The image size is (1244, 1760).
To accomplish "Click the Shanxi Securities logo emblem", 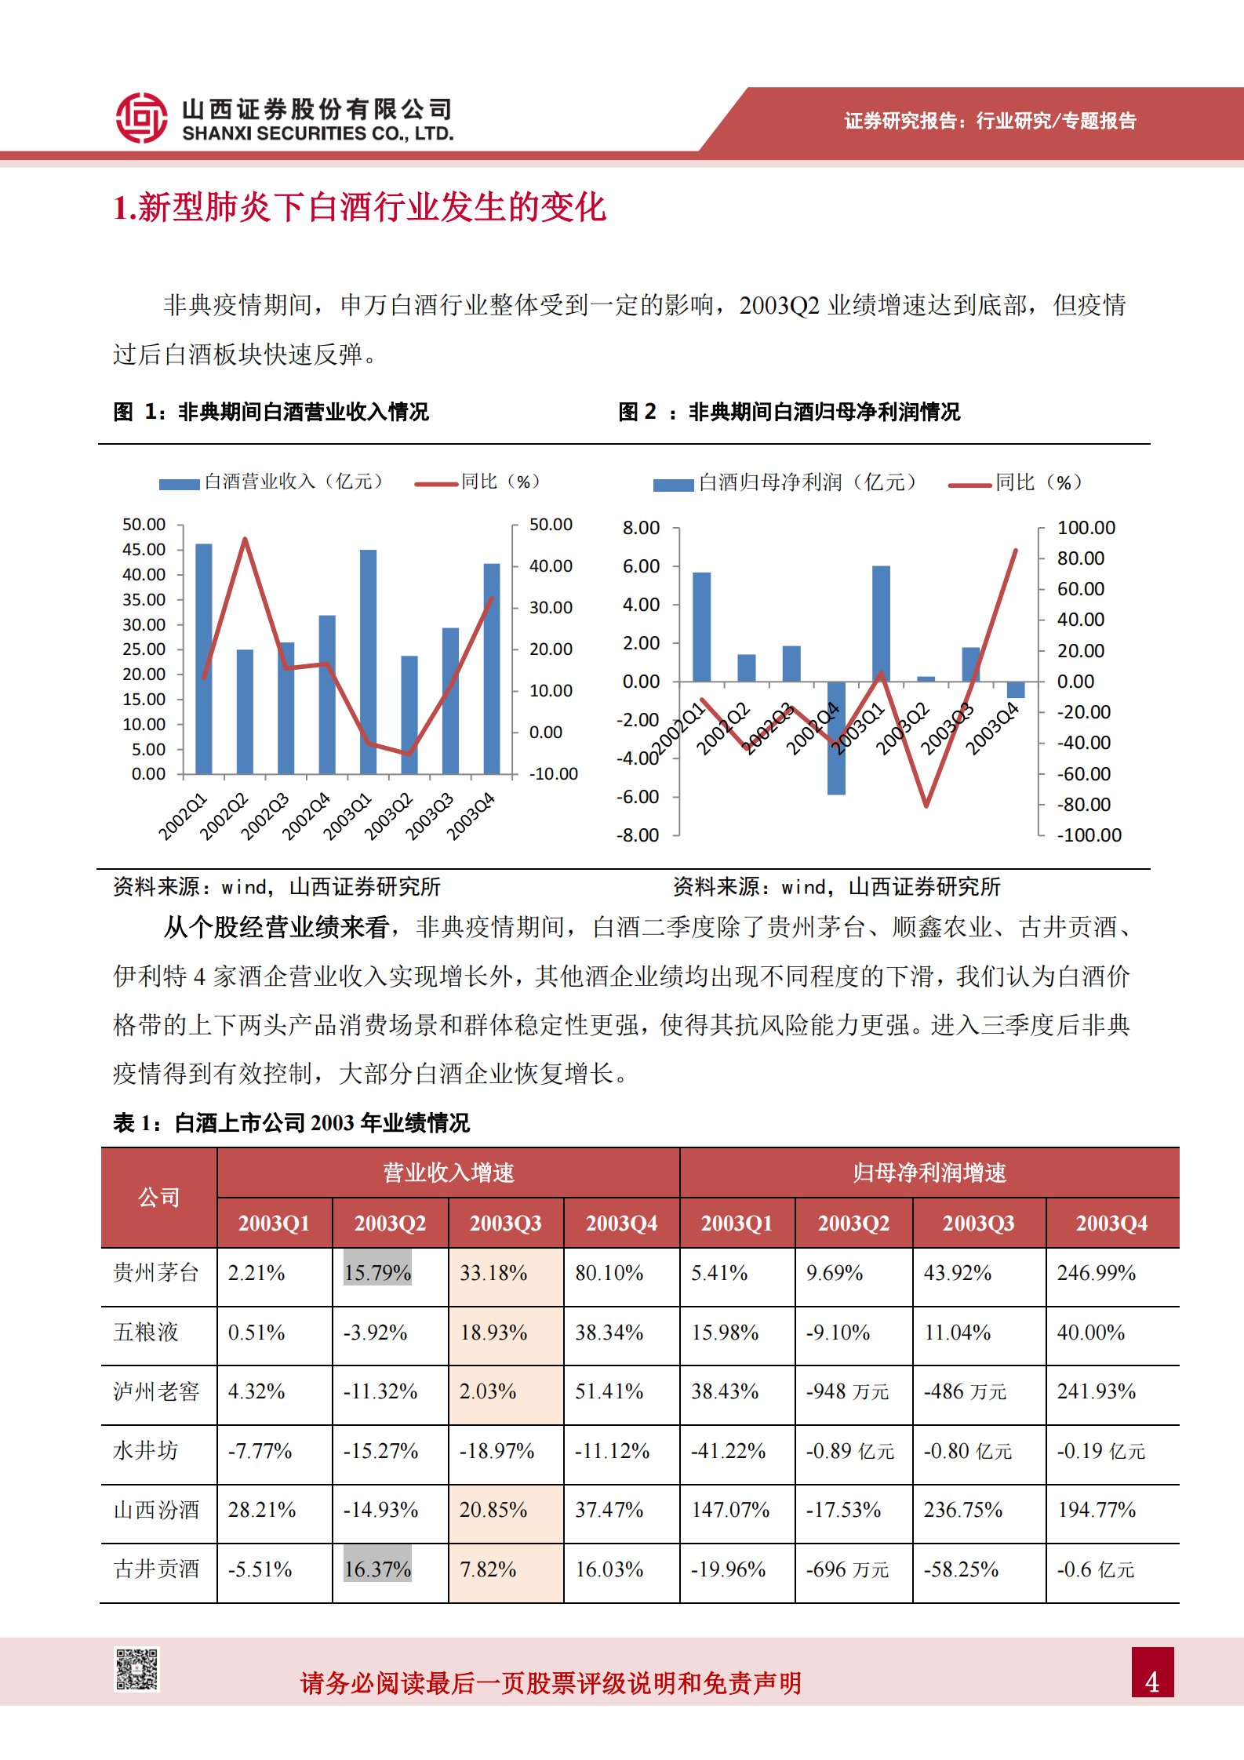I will tap(141, 118).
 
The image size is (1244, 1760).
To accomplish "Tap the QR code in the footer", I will tap(137, 1669).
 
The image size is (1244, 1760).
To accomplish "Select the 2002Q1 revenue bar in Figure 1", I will tap(203, 659).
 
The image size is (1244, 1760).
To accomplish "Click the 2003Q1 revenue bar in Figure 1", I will tap(368, 662).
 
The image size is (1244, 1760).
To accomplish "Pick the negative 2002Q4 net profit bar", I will tap(836, 738).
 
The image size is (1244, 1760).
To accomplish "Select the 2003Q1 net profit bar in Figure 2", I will tap(881, 624).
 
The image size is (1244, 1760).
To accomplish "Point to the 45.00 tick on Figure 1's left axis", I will tap(144, 549).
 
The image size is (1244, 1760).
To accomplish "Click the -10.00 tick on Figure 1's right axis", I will tap(553, 774).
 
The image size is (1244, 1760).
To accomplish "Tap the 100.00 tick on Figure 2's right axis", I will tap(1086, 528).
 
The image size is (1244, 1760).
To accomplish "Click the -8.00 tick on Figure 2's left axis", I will tap(638, 835).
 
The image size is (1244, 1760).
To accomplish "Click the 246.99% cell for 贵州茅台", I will tap(1096, 1273).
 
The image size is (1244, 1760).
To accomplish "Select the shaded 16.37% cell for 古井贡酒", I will tap(377, 1569).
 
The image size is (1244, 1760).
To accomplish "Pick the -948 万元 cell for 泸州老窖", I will tap(847, 1391).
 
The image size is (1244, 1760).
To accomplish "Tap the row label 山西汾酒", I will tap(156, 1510).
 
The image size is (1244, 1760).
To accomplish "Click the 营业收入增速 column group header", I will tap(448, 1173).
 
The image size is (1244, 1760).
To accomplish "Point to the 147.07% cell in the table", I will tap(730, 1510).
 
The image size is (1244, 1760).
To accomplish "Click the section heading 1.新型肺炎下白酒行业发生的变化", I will tap(360, 208).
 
